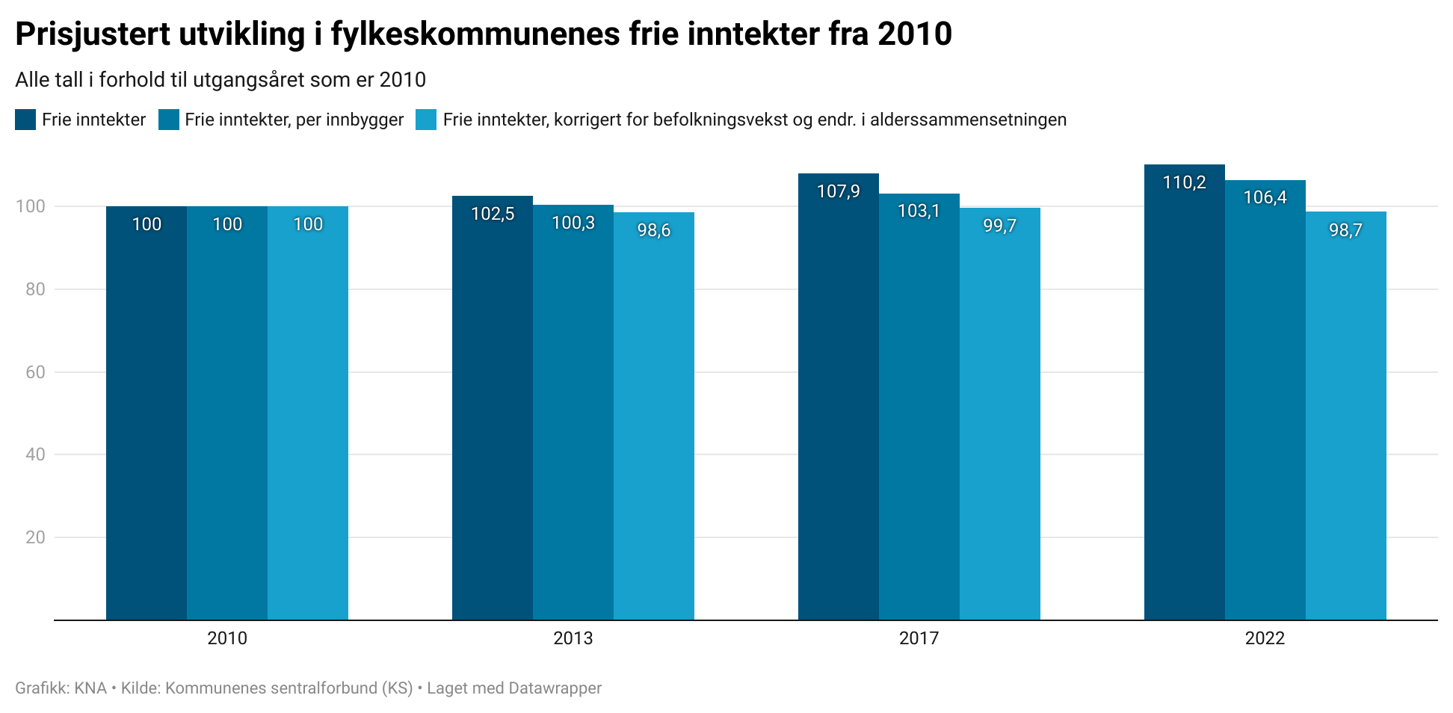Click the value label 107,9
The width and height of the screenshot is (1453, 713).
pos(838,191)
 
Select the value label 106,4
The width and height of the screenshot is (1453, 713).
pos(1265,197)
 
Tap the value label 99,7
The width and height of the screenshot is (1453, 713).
pos(999,226)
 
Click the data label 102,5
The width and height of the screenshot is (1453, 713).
pos(493,214)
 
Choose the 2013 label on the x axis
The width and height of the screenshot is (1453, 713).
pos(573,638)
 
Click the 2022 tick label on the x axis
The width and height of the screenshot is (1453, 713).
pos(1265,638)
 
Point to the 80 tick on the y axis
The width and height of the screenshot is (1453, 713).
pos(35,289)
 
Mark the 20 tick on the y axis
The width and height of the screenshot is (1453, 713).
pos(35,537)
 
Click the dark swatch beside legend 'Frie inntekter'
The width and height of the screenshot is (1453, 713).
pos(25,120)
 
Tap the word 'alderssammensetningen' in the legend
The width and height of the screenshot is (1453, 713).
pos(968,120)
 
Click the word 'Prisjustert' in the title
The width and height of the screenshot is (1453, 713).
pos(92,34)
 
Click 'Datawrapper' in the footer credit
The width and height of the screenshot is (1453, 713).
pos(555,688)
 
